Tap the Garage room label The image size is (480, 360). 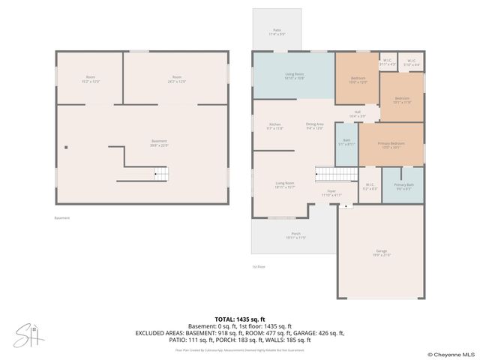pos(382,252)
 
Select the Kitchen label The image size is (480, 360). pos(275,126)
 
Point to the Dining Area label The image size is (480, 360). pos(314,126)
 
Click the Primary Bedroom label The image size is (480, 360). pos(391,145)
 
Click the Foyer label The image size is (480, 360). pos(331,193)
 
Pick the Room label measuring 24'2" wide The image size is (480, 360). pos(178,79)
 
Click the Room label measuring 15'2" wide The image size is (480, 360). pos(91,79)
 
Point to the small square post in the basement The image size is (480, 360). pos(66,148)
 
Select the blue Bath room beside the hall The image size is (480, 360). pos(346,142)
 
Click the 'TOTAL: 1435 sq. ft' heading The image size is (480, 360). pos(239,319)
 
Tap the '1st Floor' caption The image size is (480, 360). pos(259,266)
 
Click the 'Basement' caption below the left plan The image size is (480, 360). pos(61,218)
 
